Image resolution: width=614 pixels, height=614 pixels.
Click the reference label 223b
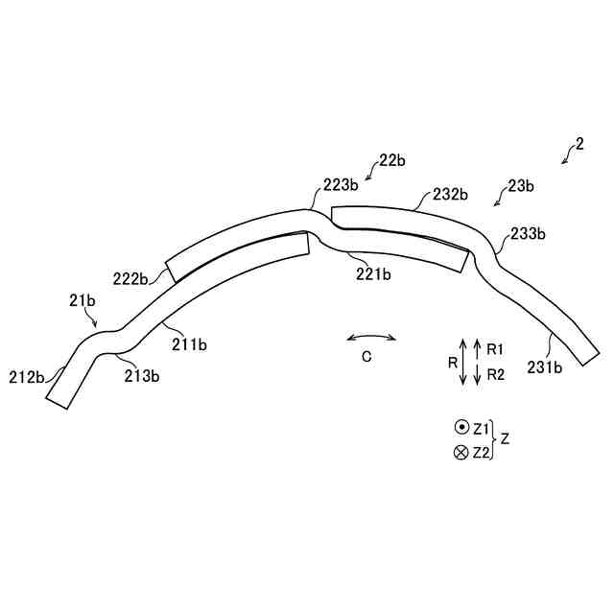coord(341,184)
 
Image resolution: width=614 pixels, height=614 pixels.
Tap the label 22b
coord(391,160)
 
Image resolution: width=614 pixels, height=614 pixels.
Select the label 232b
coord(450,194)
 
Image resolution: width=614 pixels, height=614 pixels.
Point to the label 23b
coord(521,186)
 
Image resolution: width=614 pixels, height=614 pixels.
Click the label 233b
coord(529,233)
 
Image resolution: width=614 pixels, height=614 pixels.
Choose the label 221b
coord(373,274)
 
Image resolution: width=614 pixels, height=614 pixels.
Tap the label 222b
coord(130,278)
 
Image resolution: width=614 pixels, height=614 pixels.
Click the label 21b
coord(83,301)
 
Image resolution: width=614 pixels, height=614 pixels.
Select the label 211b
coord(190,343)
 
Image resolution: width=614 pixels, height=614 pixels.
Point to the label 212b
coord(26,376)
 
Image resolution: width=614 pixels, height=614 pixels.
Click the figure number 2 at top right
coord(579,146)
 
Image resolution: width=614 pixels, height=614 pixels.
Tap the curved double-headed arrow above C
coord(371,337)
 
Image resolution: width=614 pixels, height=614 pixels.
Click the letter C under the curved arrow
coord(366,357)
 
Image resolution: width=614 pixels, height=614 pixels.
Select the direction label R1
coord(496,347)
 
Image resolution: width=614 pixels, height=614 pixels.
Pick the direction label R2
coord(496,374)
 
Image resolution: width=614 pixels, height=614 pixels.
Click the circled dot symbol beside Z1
coord(460,427)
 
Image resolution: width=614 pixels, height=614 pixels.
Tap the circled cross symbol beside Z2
coord(460,453)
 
